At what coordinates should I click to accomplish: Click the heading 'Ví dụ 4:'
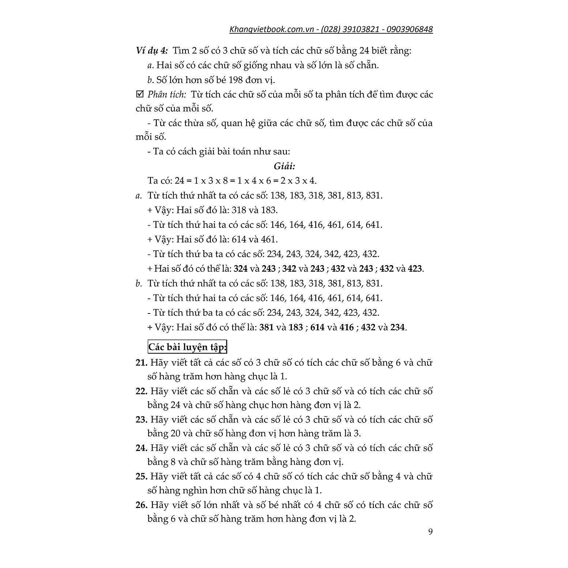coord(151,50)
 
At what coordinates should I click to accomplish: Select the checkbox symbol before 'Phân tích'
coord(139,94)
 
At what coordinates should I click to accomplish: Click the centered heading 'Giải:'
coord(284,166)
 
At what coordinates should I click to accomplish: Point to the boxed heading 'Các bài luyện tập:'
coord(187,347)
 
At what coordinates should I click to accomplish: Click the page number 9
coord(430,531)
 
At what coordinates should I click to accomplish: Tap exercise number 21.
coord(141,362)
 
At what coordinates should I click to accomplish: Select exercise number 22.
coord(141,391)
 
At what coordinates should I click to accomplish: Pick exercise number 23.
coord(141,420)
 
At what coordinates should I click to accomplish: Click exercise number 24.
coord(141,448)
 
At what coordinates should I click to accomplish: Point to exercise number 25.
coord(141,476)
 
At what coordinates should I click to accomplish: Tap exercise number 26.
coord(141,505)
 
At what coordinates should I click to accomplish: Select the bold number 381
coord(266,327)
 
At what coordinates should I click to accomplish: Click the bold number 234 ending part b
coord(398,327)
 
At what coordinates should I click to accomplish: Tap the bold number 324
coord(241,268)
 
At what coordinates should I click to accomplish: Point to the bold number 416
coord(346,327)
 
